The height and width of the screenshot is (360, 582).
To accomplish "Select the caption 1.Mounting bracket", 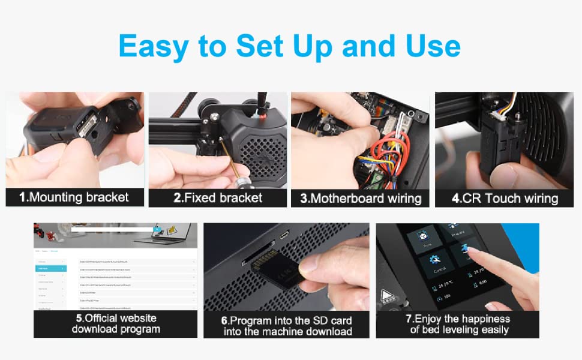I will [74, 197].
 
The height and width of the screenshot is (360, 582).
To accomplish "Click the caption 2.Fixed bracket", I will [218, 197].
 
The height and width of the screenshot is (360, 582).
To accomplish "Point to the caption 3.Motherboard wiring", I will [361, 198].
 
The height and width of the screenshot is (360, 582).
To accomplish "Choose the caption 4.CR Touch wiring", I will [505, 198].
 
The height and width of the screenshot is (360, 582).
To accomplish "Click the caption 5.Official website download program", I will [116, 323].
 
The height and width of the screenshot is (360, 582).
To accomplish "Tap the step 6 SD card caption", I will [287, 326].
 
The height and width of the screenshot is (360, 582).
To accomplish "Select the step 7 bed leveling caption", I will [459, 324].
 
